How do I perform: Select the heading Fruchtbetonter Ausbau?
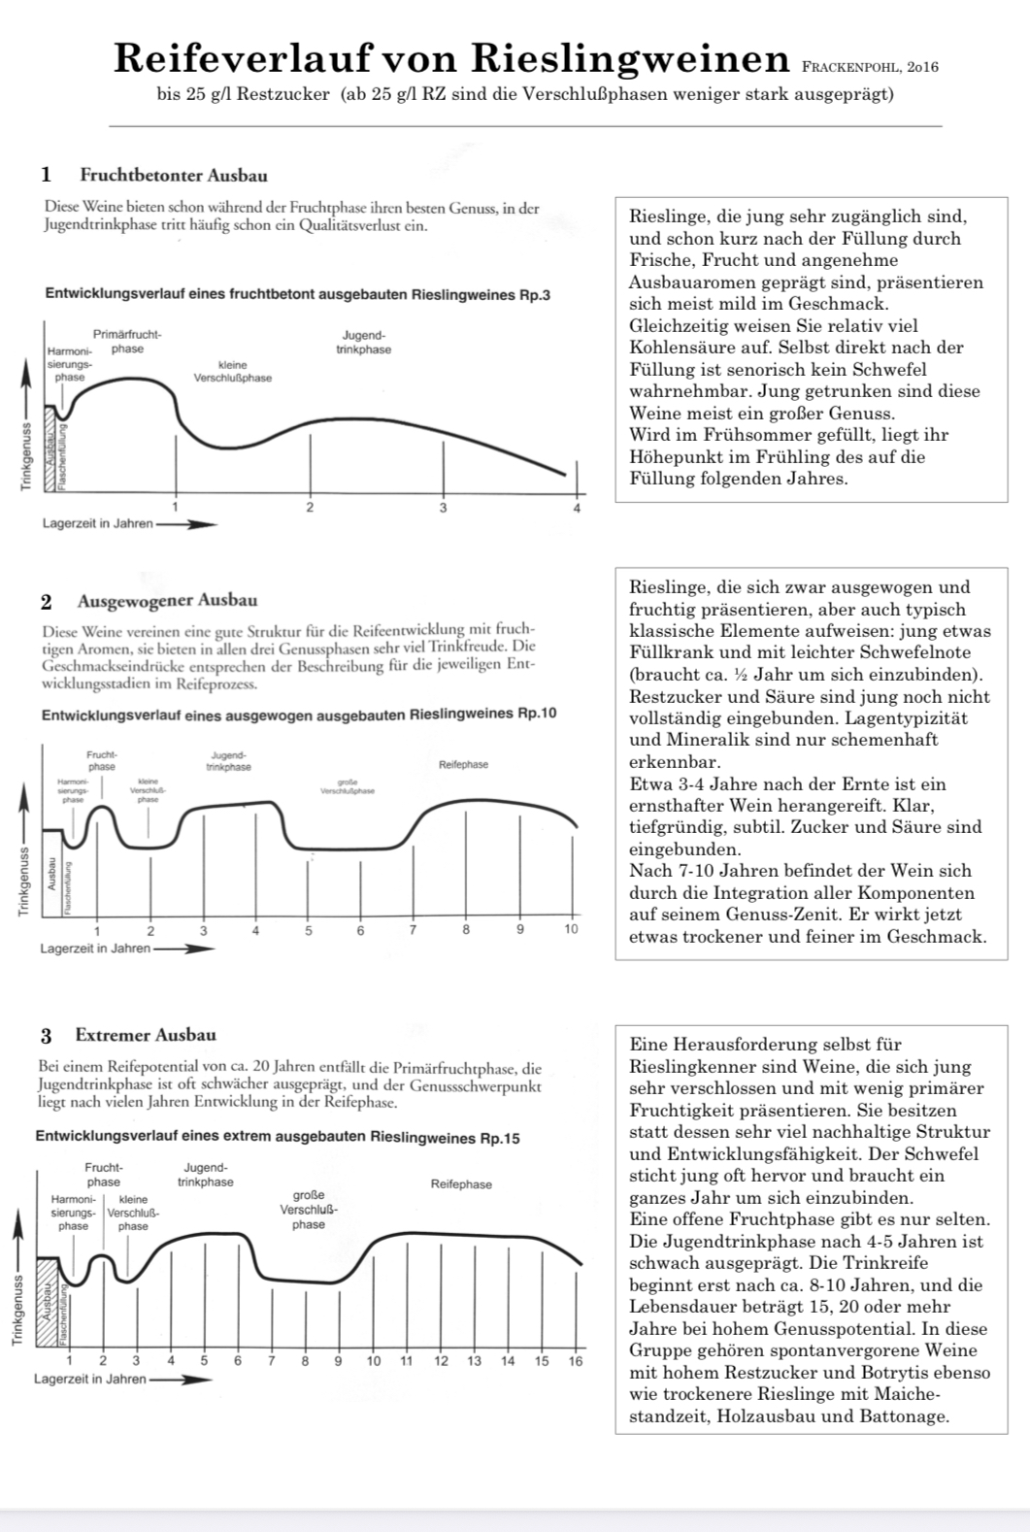(x=173, y=176)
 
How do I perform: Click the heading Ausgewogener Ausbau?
(x=167, y=600)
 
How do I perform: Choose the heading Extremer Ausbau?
(x=146, y=1035)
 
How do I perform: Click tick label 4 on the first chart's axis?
(x=577, y=508)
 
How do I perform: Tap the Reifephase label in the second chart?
(x=463, y=765)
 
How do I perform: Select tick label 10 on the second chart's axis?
(x=571, y=930)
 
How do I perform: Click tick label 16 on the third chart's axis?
(x=575, y=1361)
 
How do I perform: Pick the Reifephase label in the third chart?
(x=461, y=1184)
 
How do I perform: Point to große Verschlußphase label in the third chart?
(x=308, y=1210)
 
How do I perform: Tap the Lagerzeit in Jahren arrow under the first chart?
(x=186, y=524)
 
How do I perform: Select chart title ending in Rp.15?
(x=277, y=1137)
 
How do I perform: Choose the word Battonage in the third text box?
(x=903, y=1415)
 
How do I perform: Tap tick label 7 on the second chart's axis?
(x=413, y=930)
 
